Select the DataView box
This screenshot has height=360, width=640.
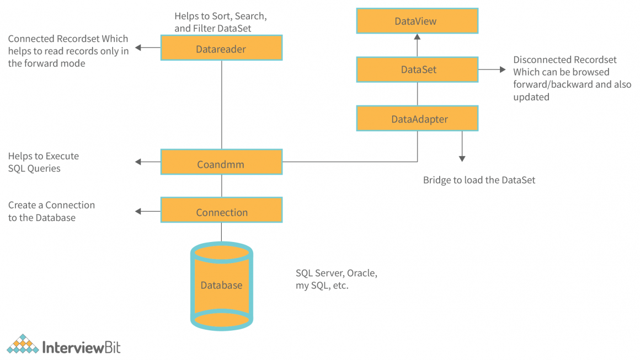pos(417,21)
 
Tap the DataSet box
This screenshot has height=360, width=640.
pos(417,69)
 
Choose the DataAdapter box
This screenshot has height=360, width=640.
pos(417,119)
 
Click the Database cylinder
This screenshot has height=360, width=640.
pos(221,286)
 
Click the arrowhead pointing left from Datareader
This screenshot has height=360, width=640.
pos(139,48)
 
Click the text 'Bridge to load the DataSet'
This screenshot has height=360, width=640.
pos(479,180)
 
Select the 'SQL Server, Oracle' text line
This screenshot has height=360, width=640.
pos(337,273)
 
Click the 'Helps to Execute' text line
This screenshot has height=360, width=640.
pos(44,156)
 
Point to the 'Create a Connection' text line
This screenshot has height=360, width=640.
pos(51,205)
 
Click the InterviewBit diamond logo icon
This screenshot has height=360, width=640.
pos(23,345)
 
